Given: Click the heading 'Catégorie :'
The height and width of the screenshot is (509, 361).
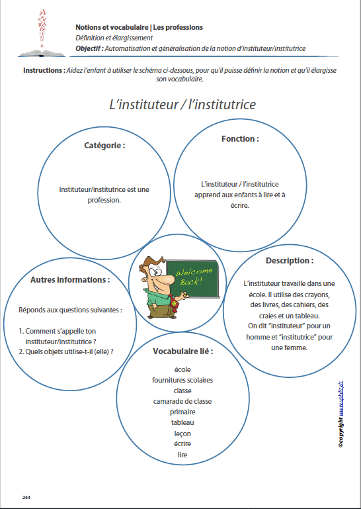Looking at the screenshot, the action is (x=104, y=145).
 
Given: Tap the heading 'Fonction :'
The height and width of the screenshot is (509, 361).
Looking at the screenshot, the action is (x=239, y=139).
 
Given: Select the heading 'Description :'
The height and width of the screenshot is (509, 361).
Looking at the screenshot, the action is (x=290, y=260).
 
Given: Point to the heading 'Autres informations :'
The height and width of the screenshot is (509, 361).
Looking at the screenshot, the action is (x=70, y=279).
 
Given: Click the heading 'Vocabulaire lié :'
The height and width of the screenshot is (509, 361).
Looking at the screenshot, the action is (x=182, y=351).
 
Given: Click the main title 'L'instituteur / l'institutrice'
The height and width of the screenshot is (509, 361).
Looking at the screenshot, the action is (x=182, y=104).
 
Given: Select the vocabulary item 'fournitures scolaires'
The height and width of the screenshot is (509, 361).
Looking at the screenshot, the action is (x=182, y=380).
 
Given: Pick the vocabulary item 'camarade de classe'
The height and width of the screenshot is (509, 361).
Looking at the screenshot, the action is (x=182, y=401).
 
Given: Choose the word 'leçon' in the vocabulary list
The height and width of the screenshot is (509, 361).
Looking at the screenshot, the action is (x=182, y=433).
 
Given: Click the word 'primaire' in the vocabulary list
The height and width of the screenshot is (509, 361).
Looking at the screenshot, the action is (x=182, y=412).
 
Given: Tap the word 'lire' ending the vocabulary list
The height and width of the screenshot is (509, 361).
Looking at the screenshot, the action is (x=182, y=454).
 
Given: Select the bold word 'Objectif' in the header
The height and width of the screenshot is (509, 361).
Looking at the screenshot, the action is (x=90, y=48).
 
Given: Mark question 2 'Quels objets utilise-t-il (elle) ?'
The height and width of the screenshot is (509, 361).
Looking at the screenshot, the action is (x=65, y=351).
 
